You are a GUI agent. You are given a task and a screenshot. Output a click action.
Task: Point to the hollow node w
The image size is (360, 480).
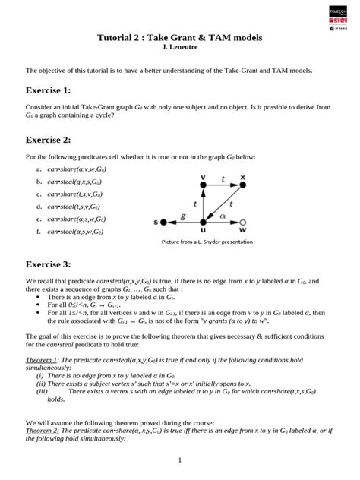(x=243, y=223)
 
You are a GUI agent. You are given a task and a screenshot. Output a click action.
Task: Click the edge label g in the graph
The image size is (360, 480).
(x=182, y=216)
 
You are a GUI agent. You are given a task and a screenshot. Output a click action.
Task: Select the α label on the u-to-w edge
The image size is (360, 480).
(x=223, y=216)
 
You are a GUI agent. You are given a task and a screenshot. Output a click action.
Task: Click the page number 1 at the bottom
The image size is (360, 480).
(x=179, y=460)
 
